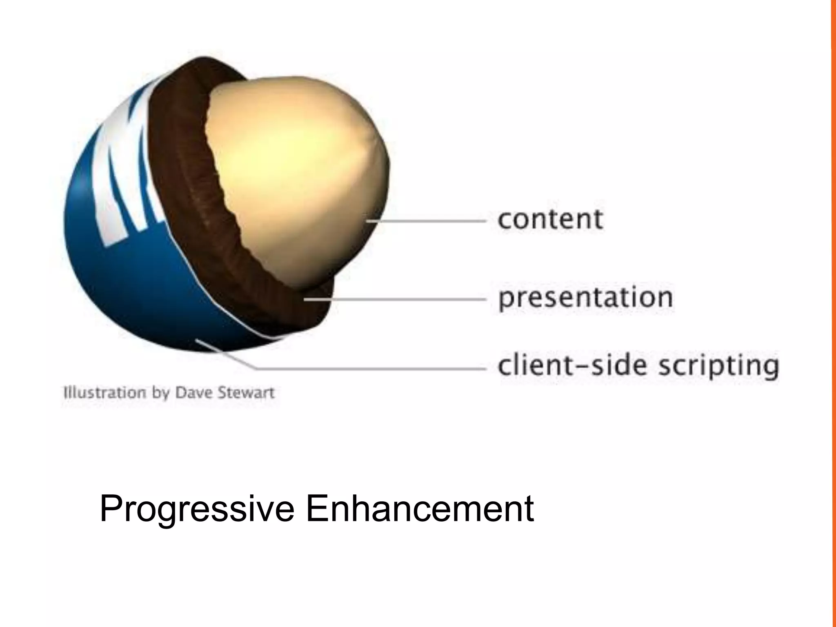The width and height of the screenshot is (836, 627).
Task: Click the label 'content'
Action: point(550,219)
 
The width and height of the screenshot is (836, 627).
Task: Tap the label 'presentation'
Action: point(585,298)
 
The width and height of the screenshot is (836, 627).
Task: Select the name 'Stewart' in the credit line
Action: point(246,393)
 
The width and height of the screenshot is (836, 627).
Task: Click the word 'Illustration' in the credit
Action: point(104,393)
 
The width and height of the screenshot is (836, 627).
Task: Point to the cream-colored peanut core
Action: point(294,171)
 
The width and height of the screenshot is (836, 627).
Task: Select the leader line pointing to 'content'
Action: point(429,221)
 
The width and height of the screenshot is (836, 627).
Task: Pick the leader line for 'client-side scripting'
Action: point(367,369)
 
